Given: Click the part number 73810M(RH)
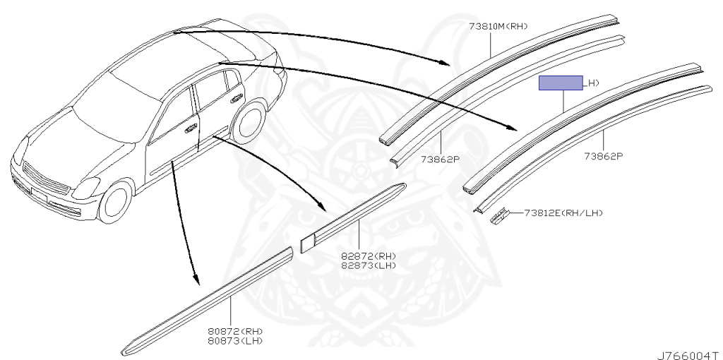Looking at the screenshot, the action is click(498, 28).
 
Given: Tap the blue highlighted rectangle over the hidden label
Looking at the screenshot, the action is click(561, 83).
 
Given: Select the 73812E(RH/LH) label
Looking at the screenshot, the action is click(563, 212).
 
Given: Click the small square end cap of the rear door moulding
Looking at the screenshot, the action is click(307, 242).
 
